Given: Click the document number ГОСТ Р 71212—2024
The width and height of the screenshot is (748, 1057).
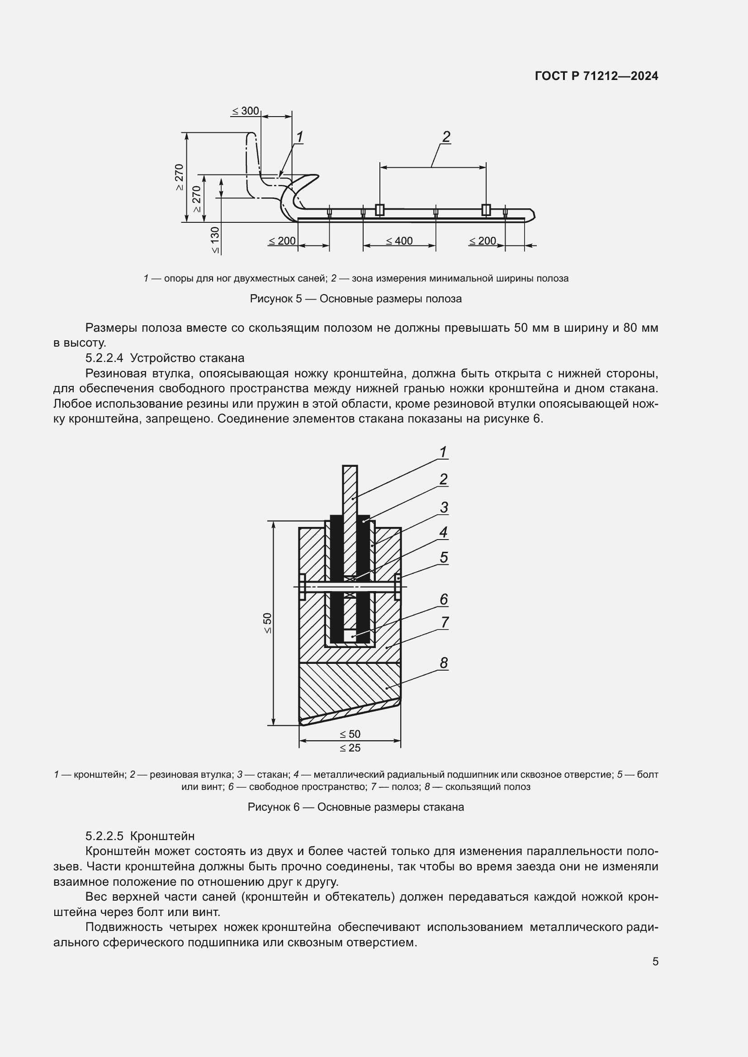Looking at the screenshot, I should coord(597,76).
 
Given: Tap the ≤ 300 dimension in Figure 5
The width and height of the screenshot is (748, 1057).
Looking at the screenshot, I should coord(245,111).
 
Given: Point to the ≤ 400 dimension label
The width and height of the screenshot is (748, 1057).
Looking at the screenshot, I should coord(399,241).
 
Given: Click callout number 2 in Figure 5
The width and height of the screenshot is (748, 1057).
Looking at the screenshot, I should coord(446,137).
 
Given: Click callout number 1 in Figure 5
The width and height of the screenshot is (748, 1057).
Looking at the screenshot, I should coord(299,137).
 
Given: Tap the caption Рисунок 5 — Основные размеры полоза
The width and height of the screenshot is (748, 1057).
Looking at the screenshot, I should coord(355,299).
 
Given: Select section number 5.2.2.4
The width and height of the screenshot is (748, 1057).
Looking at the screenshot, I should coord(104,358).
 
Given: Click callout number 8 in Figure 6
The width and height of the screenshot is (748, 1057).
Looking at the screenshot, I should coord(444,663).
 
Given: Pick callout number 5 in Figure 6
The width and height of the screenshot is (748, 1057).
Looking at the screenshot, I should coord(444,558).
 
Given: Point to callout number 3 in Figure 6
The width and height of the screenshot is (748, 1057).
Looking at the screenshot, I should coord(444,507).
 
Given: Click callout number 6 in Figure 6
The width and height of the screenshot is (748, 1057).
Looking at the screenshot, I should coord(444,599).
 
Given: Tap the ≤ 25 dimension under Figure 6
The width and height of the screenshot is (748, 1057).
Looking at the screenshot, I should coord(350,747).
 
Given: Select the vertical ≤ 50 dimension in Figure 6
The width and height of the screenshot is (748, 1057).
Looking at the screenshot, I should coord(268,623).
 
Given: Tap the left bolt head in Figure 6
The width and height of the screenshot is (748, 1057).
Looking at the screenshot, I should coord(302,587).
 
